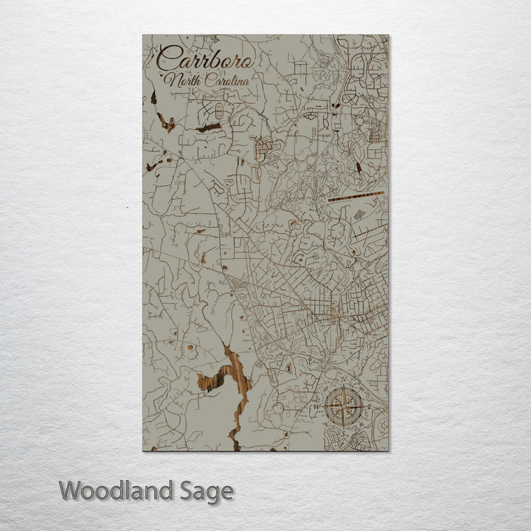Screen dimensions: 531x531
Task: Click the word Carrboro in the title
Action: [206, 58]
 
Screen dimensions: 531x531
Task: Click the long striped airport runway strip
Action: [356, 196]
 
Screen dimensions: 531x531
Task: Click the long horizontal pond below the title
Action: [208, 128]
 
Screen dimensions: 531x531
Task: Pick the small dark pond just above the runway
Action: [358, 167]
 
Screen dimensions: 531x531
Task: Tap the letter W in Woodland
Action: [71, 490]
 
